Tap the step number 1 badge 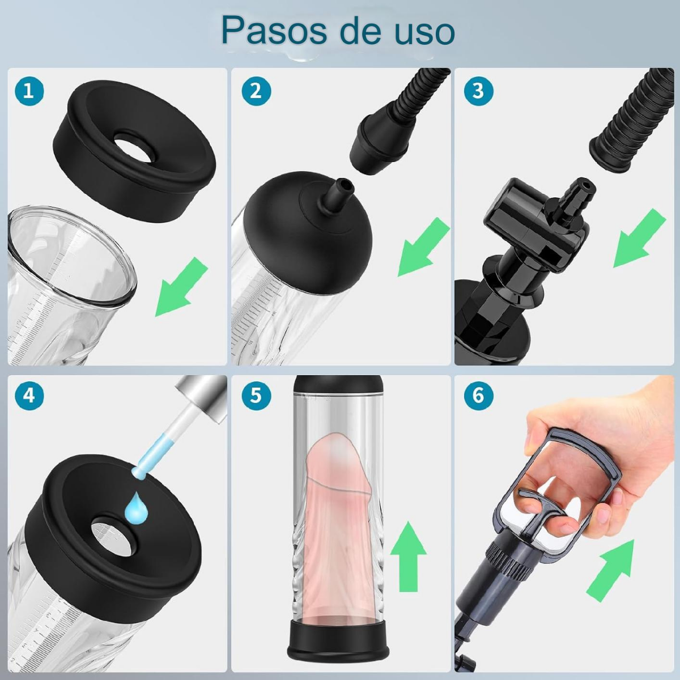click(x=29, y=91)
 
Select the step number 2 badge click(x=256, y=91)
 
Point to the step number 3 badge click(x=478, y=91)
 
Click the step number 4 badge click(x=29, y=395)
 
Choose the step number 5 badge click(x=256, y=395)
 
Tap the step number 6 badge click(x=478, y=395)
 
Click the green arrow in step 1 click(x=180, y=287)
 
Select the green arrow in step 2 click(x=423, y=247)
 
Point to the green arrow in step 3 click(x=639, y=238)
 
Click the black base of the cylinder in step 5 click(x=338, y=639)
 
